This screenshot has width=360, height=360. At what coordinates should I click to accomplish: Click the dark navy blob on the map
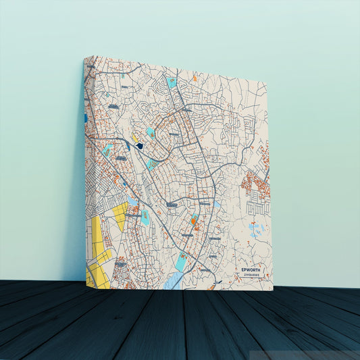140,145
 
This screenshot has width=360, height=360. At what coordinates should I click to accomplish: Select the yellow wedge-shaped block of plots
119,215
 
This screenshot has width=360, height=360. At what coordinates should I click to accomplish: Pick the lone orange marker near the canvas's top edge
195,78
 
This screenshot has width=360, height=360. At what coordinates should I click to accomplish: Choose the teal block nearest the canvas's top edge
172,82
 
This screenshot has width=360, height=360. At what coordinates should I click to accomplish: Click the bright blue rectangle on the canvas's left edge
86,118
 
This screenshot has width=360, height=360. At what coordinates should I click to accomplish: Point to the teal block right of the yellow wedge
145,217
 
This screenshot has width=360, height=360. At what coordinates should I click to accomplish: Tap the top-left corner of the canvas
85,57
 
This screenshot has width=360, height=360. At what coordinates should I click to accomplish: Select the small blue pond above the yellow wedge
133,201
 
